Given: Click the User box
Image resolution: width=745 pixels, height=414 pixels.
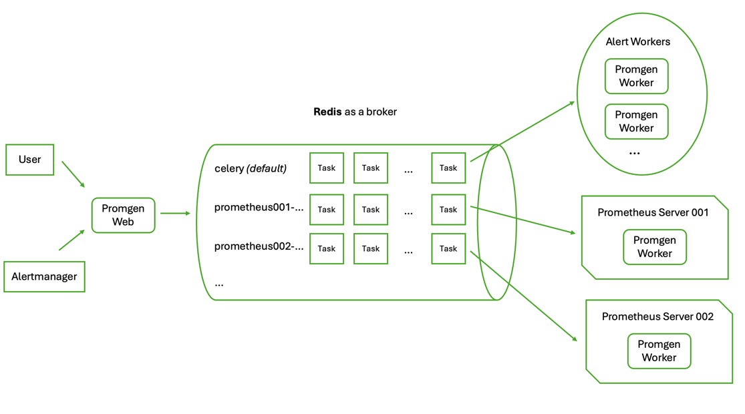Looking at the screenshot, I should coord(29,160).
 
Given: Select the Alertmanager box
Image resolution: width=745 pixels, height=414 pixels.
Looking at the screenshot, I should coord(44,276).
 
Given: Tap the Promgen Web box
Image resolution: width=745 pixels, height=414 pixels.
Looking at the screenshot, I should coord(123,215).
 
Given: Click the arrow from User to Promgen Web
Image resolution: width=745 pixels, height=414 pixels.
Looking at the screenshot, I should coord(73,174).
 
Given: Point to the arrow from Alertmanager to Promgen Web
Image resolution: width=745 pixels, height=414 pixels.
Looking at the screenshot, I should coord(71,240).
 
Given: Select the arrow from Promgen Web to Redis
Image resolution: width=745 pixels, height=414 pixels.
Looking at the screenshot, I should coord(175,213).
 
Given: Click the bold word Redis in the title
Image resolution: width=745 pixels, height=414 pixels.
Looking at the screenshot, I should coord(327,112).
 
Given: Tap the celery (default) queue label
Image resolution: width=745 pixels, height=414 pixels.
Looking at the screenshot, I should coord(251,168).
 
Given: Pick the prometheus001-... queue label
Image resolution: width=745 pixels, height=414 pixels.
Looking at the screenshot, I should coord(259,208).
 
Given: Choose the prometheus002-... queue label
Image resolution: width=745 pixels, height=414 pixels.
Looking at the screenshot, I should coord(259,246).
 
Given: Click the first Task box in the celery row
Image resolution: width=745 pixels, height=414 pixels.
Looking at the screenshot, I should coord(327,168).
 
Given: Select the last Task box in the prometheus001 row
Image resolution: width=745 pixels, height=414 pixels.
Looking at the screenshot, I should coord(448,210).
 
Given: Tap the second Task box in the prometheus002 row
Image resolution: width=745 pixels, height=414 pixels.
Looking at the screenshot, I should coord(371,248).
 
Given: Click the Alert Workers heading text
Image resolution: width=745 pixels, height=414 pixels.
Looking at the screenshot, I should coord(637,41).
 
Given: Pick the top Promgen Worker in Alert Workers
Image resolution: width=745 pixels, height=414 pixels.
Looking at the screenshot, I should coord(636,76).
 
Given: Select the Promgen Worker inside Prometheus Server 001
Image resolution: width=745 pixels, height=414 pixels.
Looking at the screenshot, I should coord(654,247).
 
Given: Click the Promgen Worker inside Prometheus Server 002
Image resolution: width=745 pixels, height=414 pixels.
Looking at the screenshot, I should coord(659,351).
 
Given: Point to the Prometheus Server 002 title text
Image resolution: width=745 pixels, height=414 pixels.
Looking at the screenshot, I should coord(657,317).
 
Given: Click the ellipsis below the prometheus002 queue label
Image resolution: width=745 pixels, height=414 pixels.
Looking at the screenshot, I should coord(219,284).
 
